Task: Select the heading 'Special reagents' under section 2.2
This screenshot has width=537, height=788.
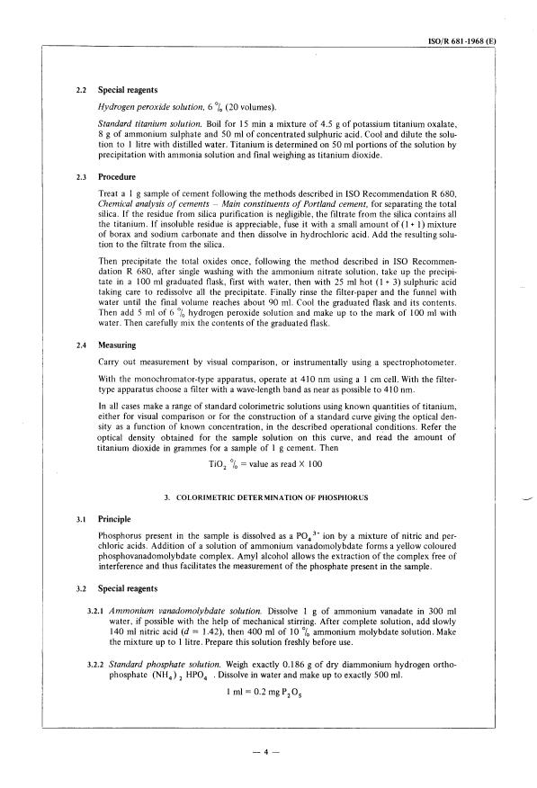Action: coord(129,91)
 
